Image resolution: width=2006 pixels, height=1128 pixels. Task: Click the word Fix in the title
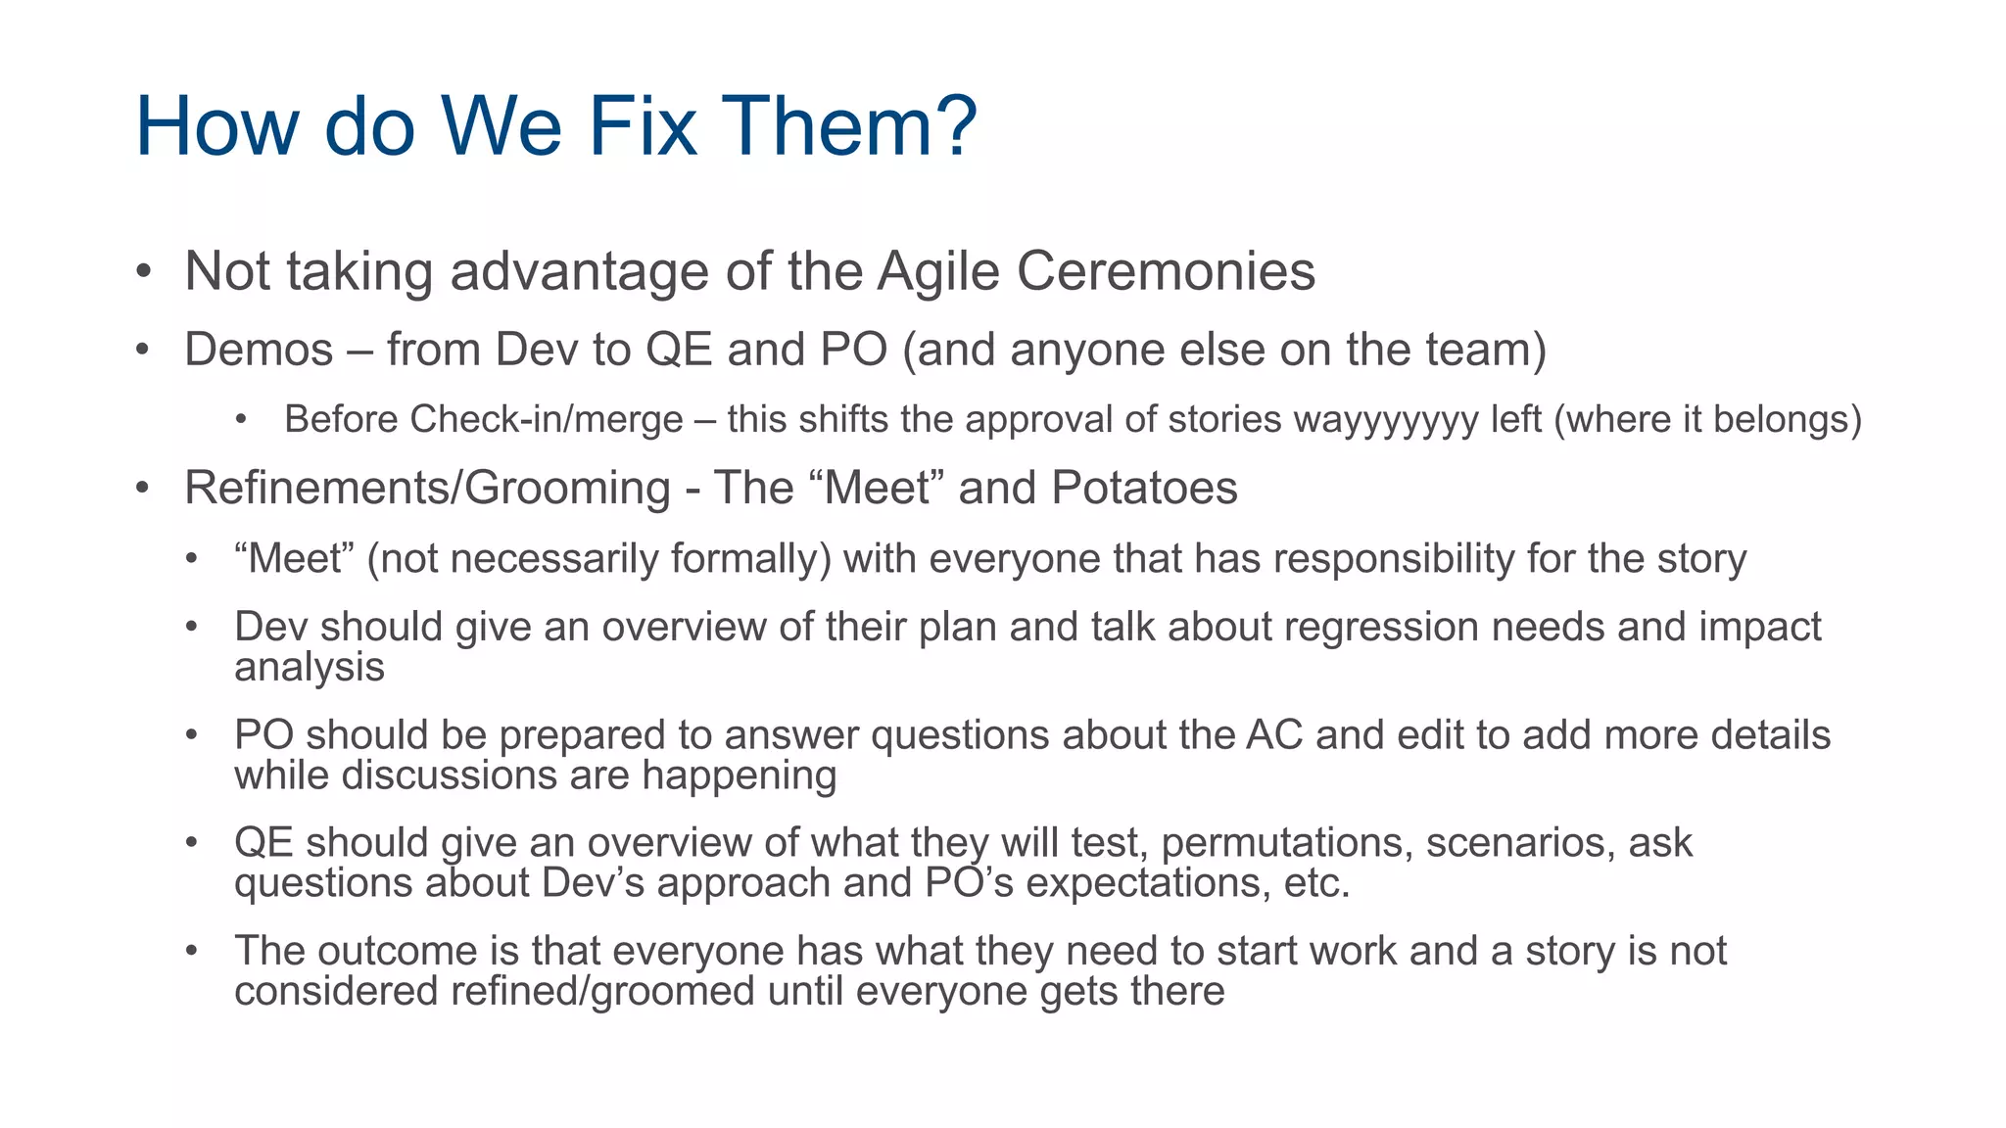(x=642, y=126)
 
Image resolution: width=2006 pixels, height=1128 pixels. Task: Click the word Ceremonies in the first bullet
(x=1166, y=271)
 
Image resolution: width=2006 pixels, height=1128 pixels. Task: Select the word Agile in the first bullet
(x=937, y=271)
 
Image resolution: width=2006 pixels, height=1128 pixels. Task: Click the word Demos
(x=259, y=350)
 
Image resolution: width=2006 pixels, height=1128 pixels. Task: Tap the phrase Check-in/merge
(x=547, y=420)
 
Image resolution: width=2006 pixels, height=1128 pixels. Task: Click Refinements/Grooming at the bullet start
(x=427, y=488)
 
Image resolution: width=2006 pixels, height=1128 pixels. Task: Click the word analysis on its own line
(x=310, y=668)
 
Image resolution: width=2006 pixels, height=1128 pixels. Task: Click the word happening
(x=739, y=775)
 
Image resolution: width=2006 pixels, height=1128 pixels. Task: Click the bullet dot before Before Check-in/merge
(x=241, y=420)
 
